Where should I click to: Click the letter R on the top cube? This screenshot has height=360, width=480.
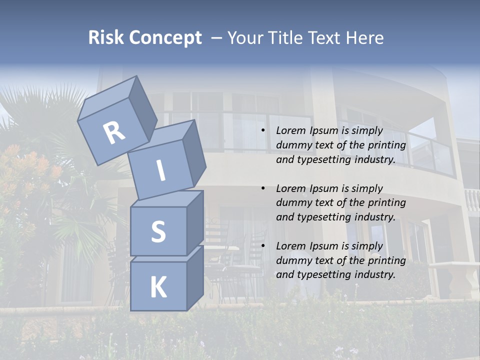pos(114,132)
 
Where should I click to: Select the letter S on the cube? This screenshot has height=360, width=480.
pos(158,231)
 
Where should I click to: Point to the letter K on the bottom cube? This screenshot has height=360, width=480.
pos(158,287)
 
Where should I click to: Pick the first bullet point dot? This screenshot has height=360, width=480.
pos(263,131)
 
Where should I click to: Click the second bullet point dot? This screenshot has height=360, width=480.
pos(263,188)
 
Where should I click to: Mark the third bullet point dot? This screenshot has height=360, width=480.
pos(263,246)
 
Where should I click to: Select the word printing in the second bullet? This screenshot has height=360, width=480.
pos(386,203)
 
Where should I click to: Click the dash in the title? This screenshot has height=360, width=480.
pos(217,38)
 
